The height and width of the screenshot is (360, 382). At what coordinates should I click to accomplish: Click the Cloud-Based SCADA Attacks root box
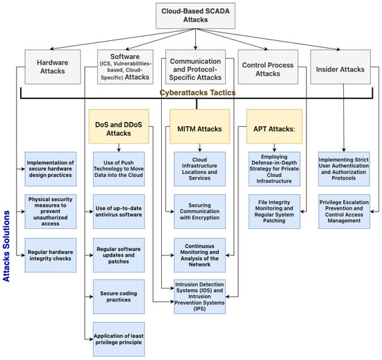tap(192, 16)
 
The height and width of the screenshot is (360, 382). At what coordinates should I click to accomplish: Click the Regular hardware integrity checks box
tap(54, 249)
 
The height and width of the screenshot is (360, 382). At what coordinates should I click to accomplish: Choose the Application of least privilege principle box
tap(119, 340)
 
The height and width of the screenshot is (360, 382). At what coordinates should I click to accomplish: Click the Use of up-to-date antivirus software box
tap(119, 209)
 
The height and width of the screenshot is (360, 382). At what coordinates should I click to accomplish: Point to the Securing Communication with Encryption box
tap(194, 209)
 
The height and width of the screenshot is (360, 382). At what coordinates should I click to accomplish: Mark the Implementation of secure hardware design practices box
tap(54, 166)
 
